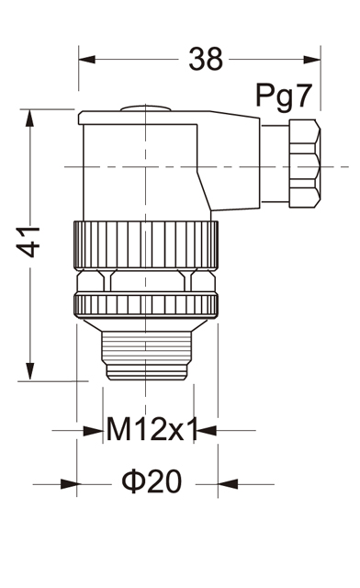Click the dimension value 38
(206, 59)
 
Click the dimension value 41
(28, 242)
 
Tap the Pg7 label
(284, 96)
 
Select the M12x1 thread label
(152, 429)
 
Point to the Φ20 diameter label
(152, 481)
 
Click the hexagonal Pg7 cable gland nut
(305, 164)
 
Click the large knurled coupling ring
(146, 245)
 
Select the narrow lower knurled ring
(146, 305)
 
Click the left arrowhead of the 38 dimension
(87, 59)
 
